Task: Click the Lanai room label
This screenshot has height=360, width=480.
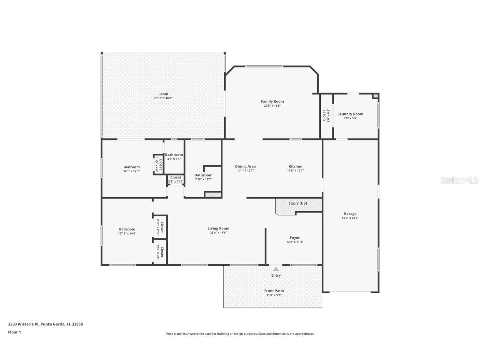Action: coord(163,94)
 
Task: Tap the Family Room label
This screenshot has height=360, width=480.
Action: coord(272,102)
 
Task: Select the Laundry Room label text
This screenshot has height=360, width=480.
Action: coord(350,114)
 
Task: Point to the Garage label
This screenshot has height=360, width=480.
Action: coord(350,214)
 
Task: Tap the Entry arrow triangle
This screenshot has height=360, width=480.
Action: coord(276,269)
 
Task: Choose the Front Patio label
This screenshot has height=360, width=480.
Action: coord(274,291)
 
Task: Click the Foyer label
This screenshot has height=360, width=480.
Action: coord(295,238)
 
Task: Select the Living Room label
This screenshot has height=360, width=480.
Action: coord(218,228)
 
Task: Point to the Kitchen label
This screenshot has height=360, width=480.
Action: coord(295,167)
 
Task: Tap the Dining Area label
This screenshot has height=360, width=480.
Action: coord(245,167)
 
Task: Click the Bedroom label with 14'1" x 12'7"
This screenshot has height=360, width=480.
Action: coord(131,167)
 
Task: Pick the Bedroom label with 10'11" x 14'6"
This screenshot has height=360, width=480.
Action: coord(127,229)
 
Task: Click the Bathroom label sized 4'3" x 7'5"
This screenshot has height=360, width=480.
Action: coord(174,155)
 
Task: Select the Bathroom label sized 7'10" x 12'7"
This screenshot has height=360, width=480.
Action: coord(203,175)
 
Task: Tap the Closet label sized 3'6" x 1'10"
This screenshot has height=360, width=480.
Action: coord(175,177)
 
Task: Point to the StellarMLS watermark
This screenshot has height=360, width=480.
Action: coord(460,180)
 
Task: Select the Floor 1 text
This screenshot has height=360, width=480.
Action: coord(14,332)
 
